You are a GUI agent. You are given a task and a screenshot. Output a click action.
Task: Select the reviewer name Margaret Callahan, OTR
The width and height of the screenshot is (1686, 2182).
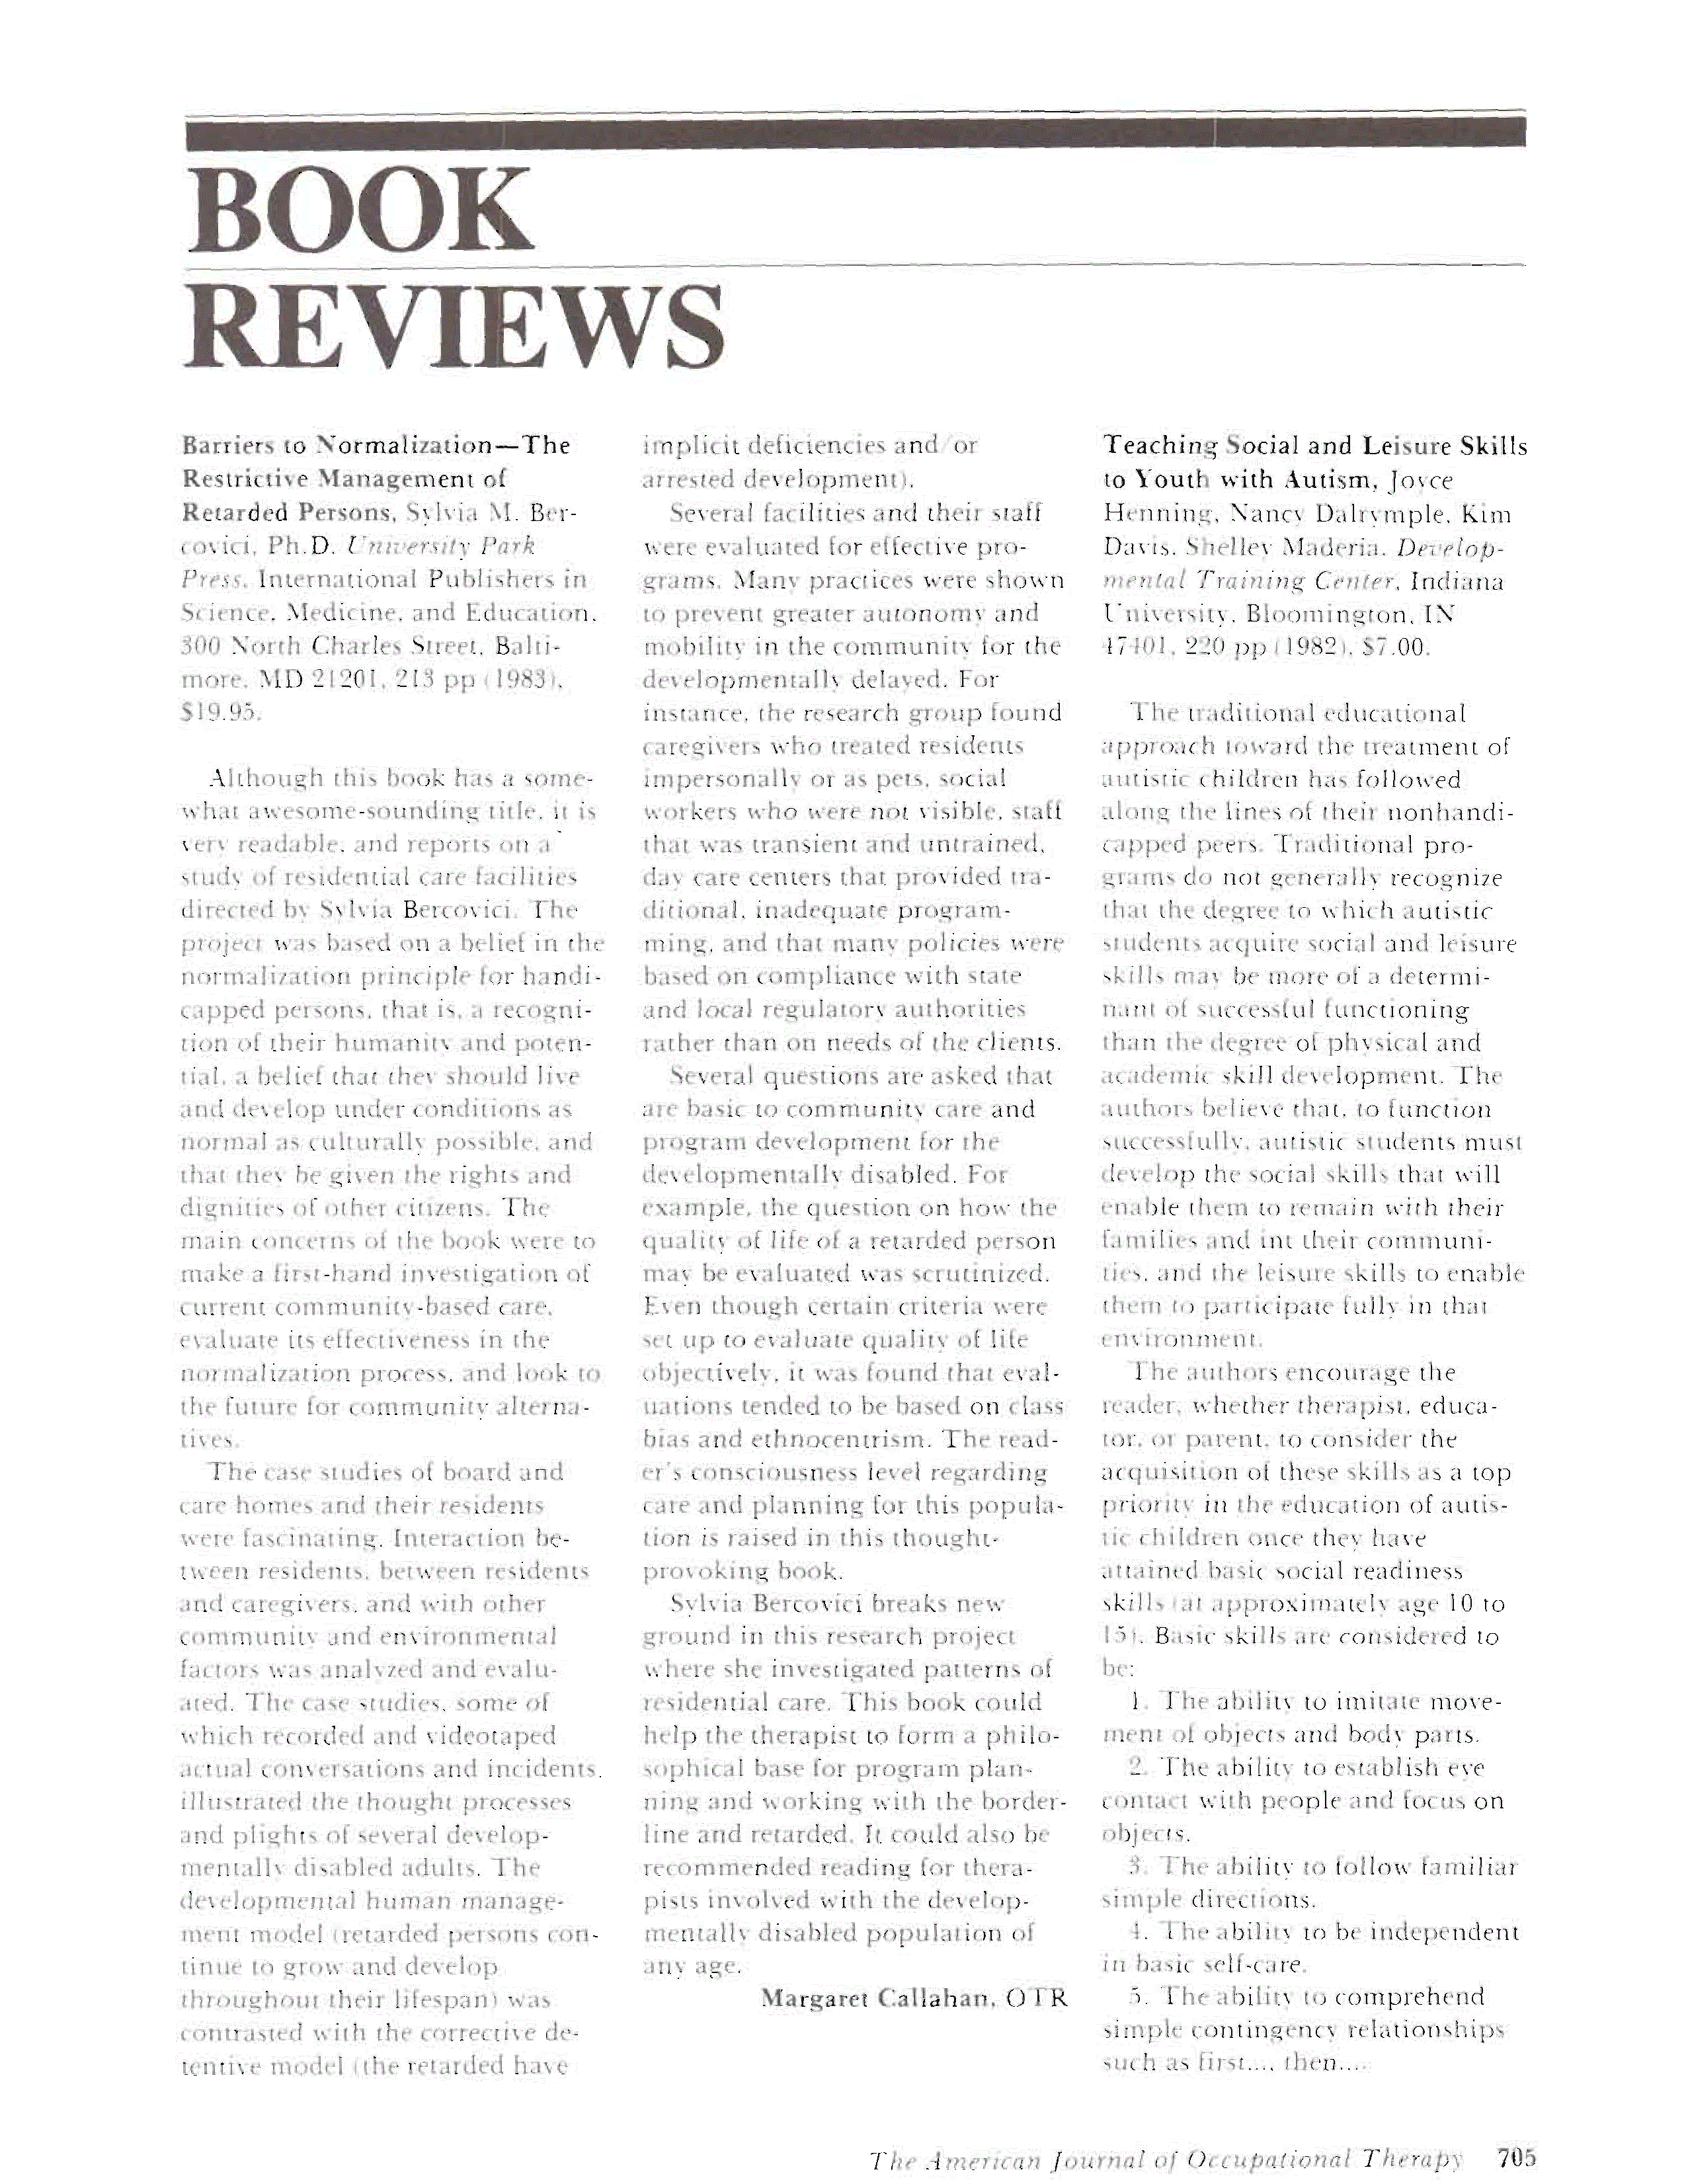914,1998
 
